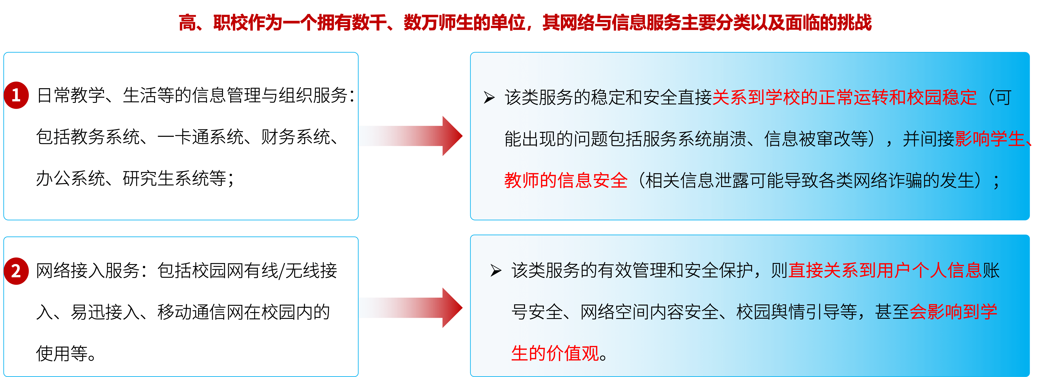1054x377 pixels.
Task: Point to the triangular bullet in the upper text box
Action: click(x=489, y=98)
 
